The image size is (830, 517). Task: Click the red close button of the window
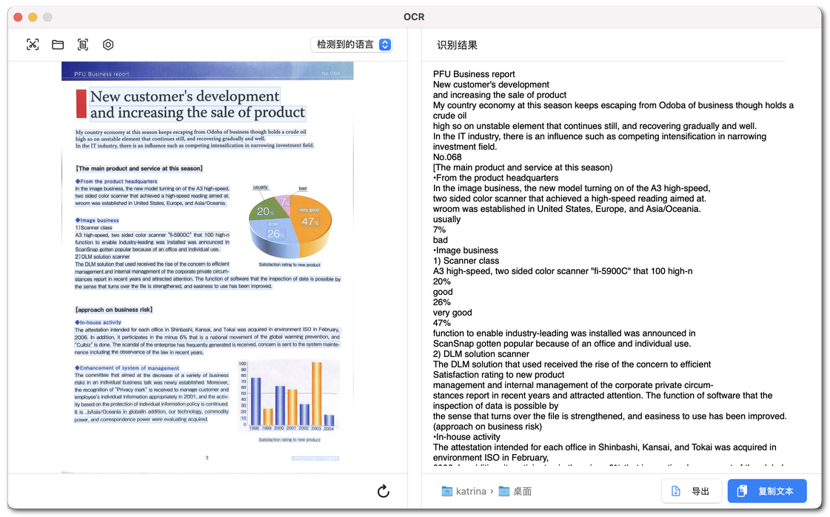(x=18, y=17)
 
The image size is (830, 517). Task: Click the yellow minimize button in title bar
(x=33, y=17)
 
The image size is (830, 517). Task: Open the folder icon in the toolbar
(x=58, y=45)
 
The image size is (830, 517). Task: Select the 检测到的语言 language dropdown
(x=351, y=45)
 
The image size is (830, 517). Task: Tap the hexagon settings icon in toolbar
(x=108, y=45)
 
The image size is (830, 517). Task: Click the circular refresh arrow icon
(x=383, y=491)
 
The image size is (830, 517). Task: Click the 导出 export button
(x=691, y=491)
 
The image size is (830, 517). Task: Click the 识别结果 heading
(x=457, y=45)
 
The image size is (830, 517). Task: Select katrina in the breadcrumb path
(x=471, y=491)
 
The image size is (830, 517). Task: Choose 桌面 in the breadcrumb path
(x=523, y=491)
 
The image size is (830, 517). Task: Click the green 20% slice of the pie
(x=264, y=213)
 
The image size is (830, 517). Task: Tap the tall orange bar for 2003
(x=316, y=393)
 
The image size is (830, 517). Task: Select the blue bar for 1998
(x=255, y=401)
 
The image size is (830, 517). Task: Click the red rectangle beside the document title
(x=81, y=104)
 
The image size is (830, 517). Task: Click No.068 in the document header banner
(x=330, y=74)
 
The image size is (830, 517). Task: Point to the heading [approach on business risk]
(x=113, y=310)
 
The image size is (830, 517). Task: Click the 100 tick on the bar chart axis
(x=242, y=364)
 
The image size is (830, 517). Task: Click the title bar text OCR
(x=414, y=17)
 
